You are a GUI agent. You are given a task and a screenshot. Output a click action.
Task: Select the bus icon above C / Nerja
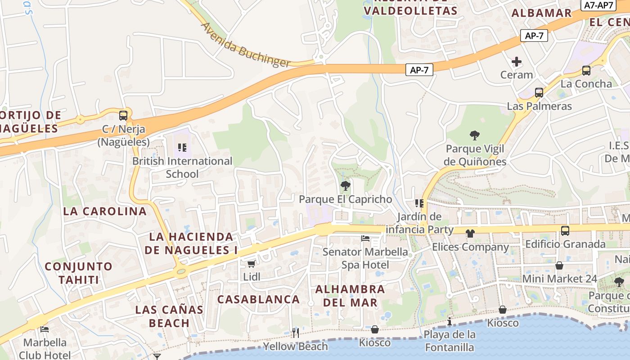[x=123, y=116]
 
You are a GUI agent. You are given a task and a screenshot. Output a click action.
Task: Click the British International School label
[x=182, y=167]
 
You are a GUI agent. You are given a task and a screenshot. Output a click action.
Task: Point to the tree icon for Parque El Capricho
[x=345, y=185]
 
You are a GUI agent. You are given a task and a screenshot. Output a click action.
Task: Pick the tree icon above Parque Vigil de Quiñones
[x=475, y=135]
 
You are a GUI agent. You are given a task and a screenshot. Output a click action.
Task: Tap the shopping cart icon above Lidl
[x=251, y=264]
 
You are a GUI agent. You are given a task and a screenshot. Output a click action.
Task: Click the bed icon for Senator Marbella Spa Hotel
[x=365, y=238]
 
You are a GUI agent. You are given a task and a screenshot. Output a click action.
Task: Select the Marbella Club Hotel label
[x=45, y=349]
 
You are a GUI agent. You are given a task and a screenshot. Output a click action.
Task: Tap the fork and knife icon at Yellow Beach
[x=296, y=333]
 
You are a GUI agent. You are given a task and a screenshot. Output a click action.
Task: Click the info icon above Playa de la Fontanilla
[x=449, y=321]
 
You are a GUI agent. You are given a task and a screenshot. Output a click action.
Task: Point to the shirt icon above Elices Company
[x=470, y=233]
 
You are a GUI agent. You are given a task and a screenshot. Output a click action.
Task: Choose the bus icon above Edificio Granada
[x=565, y=231]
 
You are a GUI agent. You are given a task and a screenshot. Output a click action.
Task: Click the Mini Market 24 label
[x=559, y=279]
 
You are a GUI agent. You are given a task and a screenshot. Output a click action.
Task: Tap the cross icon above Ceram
[x=517, y=61]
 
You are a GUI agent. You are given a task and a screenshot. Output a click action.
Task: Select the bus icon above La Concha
[x=586, y=71]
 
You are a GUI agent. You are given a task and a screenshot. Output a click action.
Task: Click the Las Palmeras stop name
[x=539, y=106]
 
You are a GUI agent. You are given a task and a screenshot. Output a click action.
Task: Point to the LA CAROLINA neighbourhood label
[x=105, y=211]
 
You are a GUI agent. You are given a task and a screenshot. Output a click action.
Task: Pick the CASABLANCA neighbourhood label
[x=258, y=299]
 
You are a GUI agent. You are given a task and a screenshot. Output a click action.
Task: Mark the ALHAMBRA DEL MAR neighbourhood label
[x=350, y=296]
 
